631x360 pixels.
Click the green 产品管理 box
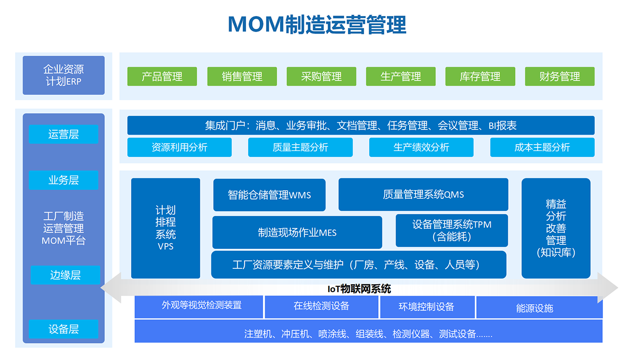[x=162, y=76]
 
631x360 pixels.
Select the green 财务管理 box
[x=560, y=76]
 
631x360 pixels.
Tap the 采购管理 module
[x=321, y=76]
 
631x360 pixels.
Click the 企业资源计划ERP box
[x=64, y=75]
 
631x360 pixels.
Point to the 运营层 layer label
[x=64, y=134]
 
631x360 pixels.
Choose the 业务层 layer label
[x=64, y=180]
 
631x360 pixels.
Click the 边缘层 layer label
[x=66, y=275]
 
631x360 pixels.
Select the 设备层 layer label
[x=64, y=329]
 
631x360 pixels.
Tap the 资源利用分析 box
[x=180, y=147]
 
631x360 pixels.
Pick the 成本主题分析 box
[x=542, y=147]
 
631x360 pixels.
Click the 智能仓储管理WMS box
[x=269, y=195]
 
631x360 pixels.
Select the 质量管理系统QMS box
[x=423, y=194]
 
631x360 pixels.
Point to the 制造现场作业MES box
[x=297, y=232]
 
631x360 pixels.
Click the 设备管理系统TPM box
[x=452, y=230]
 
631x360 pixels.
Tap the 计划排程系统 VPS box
[x=166, y=228]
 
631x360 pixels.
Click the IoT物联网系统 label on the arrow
[x=359, y=289]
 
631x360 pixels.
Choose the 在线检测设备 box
[x=321, y=307]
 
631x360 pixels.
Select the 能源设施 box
[x=539, y=307]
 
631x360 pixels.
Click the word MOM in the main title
[x=256, y=24]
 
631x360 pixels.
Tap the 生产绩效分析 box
[x=421, y=147]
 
